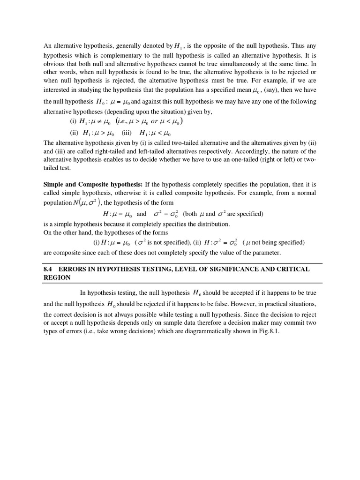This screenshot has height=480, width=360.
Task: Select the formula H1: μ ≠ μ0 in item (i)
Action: [x=99, y=121]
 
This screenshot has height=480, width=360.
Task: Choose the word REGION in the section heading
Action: [x=57, y=277]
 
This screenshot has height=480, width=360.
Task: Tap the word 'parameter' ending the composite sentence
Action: [x=266, y=253]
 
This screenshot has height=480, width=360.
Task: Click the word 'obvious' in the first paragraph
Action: [x=54, y=63]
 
